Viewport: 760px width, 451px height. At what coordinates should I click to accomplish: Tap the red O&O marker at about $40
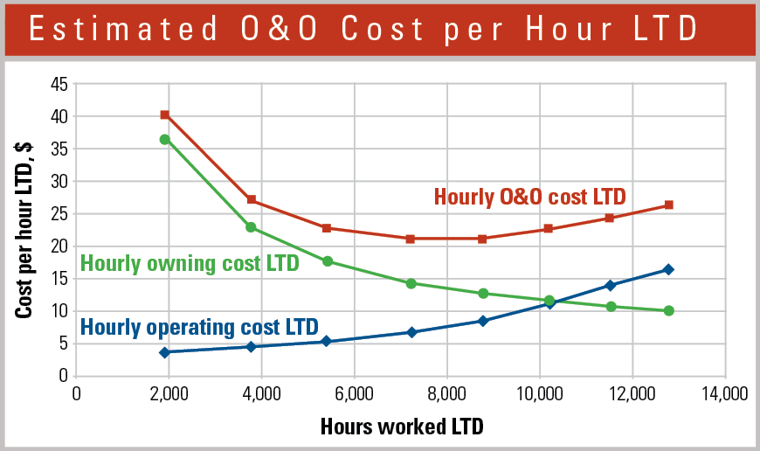[164, 114]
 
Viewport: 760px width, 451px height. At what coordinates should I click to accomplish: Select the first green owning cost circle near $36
[164, 139]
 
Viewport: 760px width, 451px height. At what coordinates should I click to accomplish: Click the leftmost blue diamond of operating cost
[164, 352]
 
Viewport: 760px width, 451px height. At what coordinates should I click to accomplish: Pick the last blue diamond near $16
[668, 269]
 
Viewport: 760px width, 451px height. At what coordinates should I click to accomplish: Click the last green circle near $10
[668, 310]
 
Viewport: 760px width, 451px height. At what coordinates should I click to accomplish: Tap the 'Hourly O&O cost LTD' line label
[529, 197]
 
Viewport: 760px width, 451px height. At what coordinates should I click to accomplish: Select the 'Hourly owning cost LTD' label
[190, 262]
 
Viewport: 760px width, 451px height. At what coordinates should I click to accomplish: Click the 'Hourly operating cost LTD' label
[199, 327]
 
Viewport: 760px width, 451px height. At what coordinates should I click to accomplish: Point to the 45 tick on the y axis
[59, 84]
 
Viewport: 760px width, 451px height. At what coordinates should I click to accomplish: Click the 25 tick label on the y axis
[59, 214]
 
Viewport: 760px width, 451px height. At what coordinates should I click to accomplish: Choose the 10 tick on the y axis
[59, 311]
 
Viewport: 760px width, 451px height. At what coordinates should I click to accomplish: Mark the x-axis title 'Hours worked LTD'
[401, 427]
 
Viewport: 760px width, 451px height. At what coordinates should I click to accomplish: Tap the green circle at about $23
[251, 227]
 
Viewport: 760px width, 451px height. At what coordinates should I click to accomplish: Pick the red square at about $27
[251, 200]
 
